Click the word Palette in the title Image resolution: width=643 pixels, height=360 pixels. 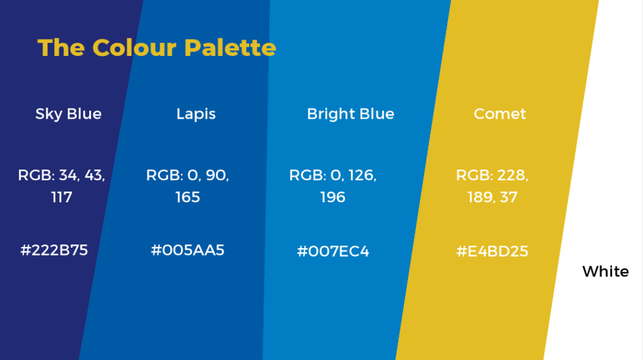[x=230, y=48]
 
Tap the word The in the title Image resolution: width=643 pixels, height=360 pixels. [x=61, y=48]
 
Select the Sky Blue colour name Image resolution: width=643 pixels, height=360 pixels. [x=68, y=114]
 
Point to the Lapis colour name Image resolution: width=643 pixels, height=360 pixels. [x=196, y=114]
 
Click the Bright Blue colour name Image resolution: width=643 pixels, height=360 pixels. [x=350, y=114]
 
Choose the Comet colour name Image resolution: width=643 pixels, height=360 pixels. [x=500, y=114]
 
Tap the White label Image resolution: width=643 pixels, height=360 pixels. [x=606, y=271]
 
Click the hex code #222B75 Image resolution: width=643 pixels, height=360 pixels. [x=54, y=250]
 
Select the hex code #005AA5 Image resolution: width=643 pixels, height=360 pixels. [x=188, y=250]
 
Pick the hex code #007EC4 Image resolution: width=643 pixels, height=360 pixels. [x=333, y=251]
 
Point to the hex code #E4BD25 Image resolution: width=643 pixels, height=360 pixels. [x=492, y=251]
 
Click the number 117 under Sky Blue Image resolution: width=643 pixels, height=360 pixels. [x=62, y=197]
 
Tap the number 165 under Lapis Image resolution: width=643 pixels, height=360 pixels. [x=188, y=197]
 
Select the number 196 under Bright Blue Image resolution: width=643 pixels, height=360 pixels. [x=333, y=197]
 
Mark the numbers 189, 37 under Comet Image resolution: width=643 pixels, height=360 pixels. [x=492, y=197]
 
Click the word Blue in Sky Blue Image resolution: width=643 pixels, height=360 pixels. [x=85, y=114]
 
